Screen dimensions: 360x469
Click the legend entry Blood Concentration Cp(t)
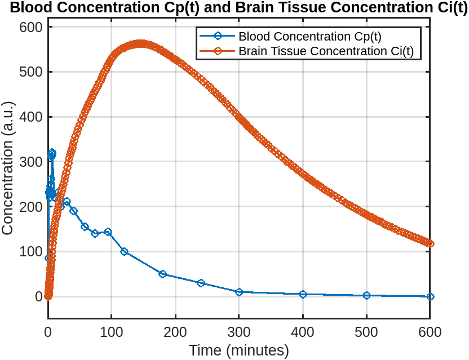click(309, 37)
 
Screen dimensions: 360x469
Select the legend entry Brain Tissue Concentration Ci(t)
click(326, 51)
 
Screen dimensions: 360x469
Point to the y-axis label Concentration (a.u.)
click(8, 168)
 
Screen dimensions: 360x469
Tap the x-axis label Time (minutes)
click(238, 350)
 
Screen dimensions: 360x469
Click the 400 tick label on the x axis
click(303, 331)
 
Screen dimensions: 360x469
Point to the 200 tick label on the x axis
click(175, 331)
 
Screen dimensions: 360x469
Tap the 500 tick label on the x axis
click(366, 331)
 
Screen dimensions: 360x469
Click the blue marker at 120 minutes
click(124, 251)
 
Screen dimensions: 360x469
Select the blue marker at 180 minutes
click(162, 274)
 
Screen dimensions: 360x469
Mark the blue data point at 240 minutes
click(201, 283)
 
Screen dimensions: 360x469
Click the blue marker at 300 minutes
click(239, 292)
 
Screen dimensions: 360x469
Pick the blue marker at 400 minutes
click(303, 294)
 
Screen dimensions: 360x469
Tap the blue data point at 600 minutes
click(430, 296)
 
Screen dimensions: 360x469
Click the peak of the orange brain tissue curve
click(140, 44)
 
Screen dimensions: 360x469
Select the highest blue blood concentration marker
click(52, 153)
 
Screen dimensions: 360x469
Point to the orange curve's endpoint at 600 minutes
click(430, 243)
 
